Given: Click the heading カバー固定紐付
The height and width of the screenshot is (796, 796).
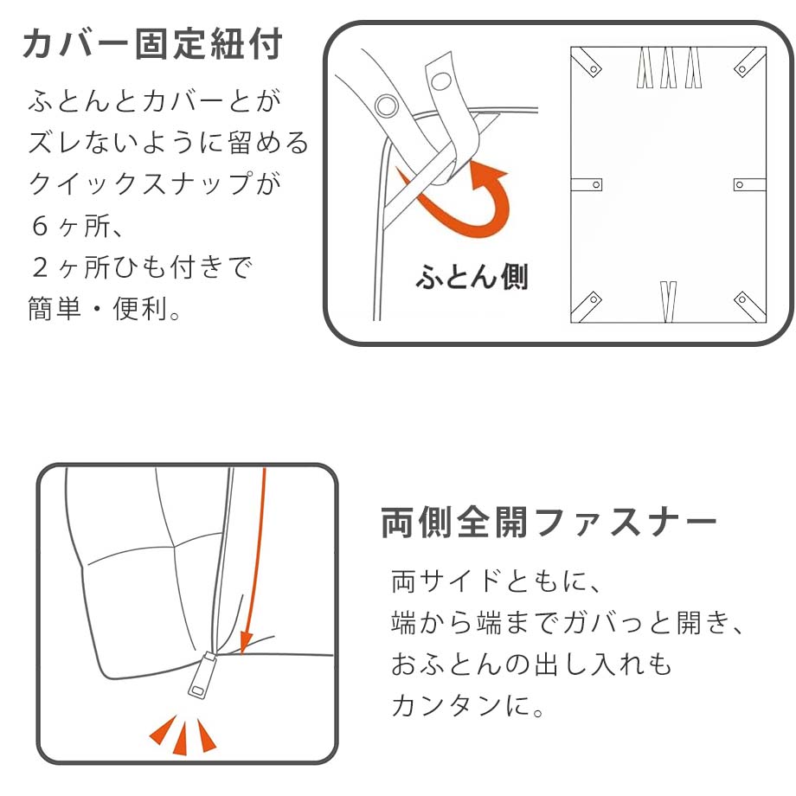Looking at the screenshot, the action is click(152, 43).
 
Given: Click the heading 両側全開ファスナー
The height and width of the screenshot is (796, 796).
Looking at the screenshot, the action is click(549, 522).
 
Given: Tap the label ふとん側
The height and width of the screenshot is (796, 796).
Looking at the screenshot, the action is click(472, 277).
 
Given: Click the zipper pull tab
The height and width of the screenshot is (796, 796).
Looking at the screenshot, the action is click(202, 676).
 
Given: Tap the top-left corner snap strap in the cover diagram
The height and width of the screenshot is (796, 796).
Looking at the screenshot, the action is click(587, 62).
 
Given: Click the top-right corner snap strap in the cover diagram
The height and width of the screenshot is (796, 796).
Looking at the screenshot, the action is click(750, 62).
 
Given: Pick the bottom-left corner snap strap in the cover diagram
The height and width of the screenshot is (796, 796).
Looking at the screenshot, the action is click(587, 306).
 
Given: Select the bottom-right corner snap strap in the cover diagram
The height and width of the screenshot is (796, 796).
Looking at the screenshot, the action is click(750, 306).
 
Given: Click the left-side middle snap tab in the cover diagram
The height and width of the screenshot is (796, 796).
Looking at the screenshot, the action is click(587, 184).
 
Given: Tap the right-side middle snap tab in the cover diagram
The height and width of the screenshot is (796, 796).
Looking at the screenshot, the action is click(750, 184).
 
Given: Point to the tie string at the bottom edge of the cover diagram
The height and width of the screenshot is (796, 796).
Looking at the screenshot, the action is click(669, 302).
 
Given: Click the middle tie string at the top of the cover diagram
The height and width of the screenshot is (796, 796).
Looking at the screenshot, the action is click(669, 67).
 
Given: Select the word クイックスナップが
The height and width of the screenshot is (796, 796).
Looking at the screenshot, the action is click(154, 183).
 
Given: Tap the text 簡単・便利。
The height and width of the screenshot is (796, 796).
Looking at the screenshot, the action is click(104, 308).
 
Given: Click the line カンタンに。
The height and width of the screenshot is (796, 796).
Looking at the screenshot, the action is click(467, 704).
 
